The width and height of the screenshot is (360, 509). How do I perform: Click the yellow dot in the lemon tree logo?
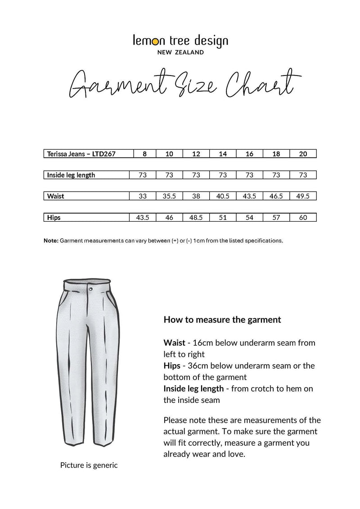(155, 42)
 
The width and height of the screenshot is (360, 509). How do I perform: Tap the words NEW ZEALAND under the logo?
(180, 53)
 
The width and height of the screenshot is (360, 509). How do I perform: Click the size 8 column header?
(144, 154)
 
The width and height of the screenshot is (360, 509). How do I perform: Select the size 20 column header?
(303, 154)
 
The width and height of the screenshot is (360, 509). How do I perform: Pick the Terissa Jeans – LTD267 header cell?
(81, 154)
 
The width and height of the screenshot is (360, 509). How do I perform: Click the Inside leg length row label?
(71, 175)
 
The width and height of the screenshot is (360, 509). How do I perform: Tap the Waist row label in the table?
(56, 196)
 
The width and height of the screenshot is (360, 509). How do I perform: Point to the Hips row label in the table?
(54, 218)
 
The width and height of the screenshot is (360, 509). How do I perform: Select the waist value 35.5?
(169, 196)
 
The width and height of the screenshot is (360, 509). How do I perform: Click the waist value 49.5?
(303, 196)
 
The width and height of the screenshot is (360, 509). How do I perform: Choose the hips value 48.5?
(196, 218)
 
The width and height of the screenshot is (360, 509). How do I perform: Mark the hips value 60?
(303, 218)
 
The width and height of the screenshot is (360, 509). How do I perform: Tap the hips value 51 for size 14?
(223, 218)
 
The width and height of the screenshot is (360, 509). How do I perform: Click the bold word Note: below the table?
(51, 241)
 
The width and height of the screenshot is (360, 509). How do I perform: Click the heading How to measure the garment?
(222, 320)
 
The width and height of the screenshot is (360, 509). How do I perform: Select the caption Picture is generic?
(89, 465)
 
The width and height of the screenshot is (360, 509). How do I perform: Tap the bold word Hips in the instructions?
(172, 366)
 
